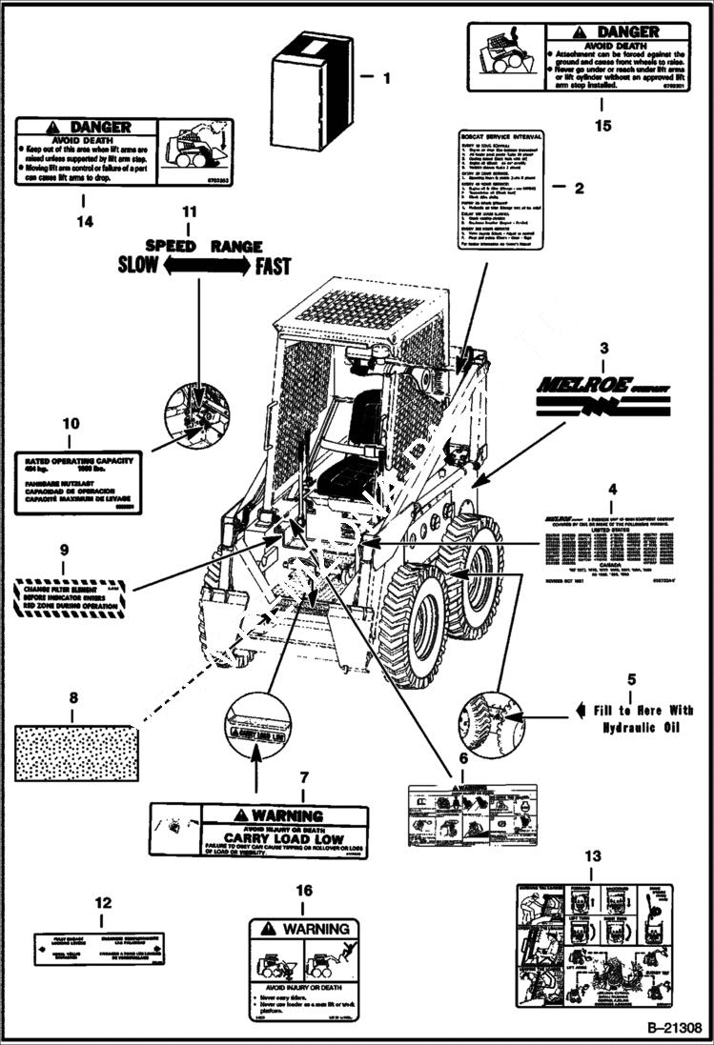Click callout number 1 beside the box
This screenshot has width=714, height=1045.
click(385, 79)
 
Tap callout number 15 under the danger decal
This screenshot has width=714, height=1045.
click(601, 124)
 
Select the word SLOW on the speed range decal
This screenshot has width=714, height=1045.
click(138, 266)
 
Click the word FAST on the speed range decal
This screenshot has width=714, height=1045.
click(272, 267)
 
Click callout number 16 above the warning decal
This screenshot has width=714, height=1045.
click(304, 890)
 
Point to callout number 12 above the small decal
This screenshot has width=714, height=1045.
click(104, 902)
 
